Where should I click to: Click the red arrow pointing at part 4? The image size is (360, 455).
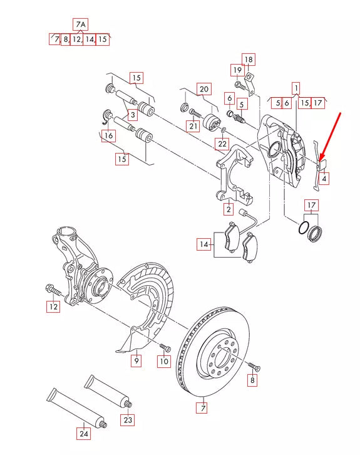330,135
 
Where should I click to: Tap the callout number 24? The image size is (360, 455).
84,432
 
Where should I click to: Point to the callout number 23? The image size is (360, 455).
127,419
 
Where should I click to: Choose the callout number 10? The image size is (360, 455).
163,361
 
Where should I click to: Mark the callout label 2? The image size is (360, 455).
229,209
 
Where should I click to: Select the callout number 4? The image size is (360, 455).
324,179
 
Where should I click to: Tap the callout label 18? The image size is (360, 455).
249,60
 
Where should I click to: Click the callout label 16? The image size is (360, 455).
108,135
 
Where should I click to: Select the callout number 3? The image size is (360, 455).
133,115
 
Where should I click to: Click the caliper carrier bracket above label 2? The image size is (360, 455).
234,173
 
